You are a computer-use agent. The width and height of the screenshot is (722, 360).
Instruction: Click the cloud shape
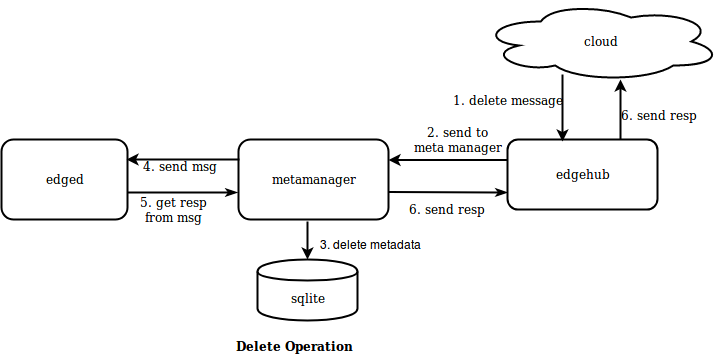coord(600,42)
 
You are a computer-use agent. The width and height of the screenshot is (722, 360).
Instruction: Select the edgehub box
coord(582,175)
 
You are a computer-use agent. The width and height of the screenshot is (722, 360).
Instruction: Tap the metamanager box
coord(313,180)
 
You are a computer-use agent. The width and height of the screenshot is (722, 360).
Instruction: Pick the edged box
coord(64,180)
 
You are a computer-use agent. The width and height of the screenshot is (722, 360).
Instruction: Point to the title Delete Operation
coord(294,347)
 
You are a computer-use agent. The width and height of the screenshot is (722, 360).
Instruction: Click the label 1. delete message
coord(508,100)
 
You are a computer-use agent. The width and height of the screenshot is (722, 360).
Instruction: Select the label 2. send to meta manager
coord(458,140)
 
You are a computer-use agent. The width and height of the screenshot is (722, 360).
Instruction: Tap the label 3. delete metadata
coord(370,245)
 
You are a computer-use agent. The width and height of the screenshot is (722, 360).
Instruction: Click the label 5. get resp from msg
coord(172,210)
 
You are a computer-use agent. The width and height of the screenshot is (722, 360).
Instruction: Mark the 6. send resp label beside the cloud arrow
coord(658,115)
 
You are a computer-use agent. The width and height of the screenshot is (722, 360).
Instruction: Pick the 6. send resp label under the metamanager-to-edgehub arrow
coord(447,210)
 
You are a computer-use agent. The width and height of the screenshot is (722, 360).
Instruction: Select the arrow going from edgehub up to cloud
coord(619,110)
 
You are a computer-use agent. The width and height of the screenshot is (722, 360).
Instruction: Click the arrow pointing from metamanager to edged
coord(182,158)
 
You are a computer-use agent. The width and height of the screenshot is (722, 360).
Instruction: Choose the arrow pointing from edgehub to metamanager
coord(448,161)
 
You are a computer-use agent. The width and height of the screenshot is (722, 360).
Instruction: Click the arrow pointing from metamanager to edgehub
coord(448,193)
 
